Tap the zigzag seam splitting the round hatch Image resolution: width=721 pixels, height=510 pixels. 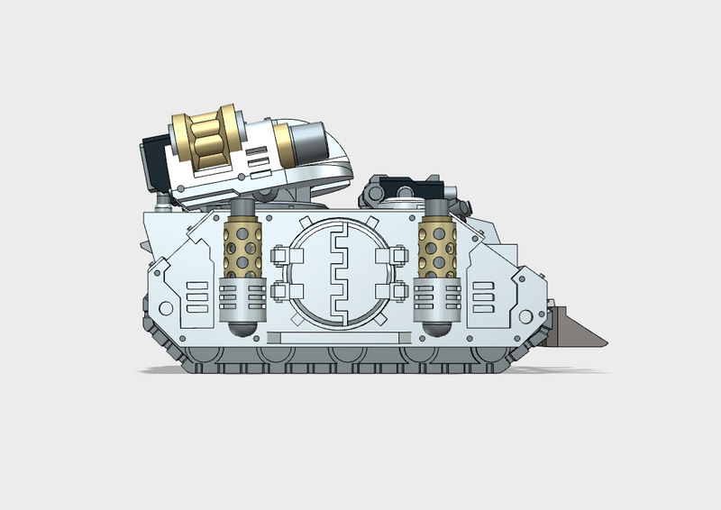pyautogui.click(x=339, y=272)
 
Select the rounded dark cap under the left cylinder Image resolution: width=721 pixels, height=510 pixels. pyautogui.click(x=242, y=327)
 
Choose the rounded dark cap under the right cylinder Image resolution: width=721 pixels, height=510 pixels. pyautogui.click(x=436, y=327)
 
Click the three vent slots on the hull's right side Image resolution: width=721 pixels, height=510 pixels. pyautogui.click(x=483, y=296)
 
